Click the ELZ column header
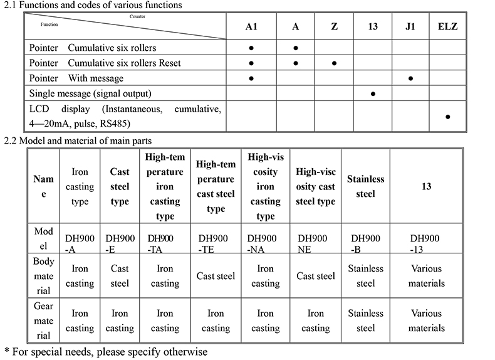click(x=447, y=28)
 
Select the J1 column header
click(x=410, y=28)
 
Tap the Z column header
click(x=335, y=28)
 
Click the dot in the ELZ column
click(x=447, y=117)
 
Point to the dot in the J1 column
click(x=410, y=78)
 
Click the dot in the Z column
click(x=335, y=63)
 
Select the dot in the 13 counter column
click(x=373, y=93)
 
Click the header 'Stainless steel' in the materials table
click(x=365, y=186)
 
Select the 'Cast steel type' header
click(x=120, y=186)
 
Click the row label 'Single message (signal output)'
click(x=90, y=93)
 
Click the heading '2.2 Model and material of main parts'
click(x=78, y=140)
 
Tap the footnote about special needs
click(x=106, y=351)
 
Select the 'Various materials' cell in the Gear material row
click(x=426, y=320)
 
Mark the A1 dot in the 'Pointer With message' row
click(x=251, y=78)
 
